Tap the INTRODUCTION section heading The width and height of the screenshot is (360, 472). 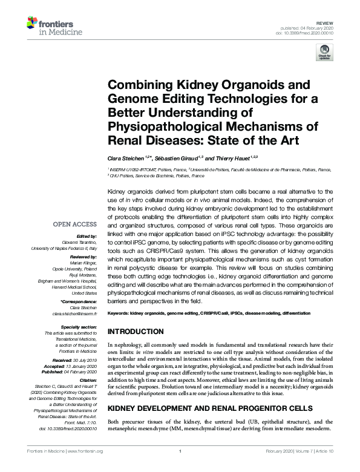click(136, 332)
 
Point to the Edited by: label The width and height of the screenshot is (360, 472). click(86, 235)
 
